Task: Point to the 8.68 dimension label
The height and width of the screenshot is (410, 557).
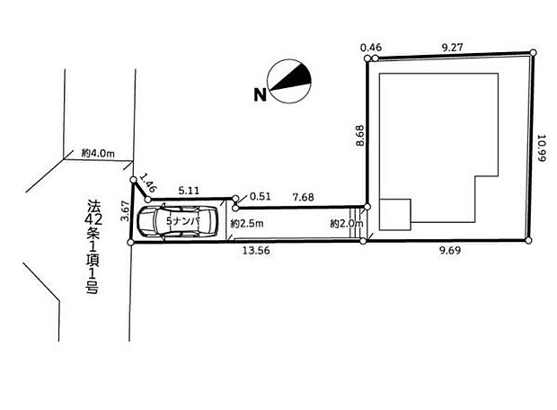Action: coord(360,135)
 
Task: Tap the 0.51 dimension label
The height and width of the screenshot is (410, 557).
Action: coord(260,196)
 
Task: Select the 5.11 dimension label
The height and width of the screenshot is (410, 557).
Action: coord(190,190)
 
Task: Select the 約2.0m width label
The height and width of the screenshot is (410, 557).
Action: coord(345,222)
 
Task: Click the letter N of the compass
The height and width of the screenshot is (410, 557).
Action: coord(260,94)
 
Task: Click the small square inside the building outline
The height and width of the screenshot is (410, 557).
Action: coord(393,215)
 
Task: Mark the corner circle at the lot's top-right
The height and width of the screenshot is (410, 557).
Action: coord(533,52)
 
